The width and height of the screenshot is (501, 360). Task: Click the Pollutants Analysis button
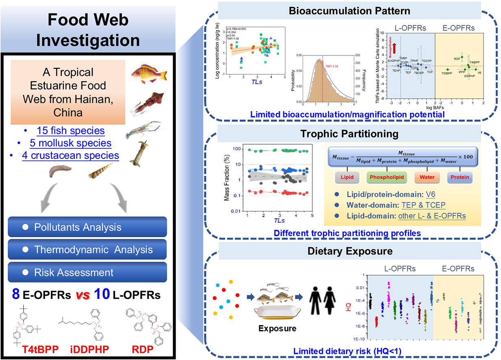(x=87, y=227)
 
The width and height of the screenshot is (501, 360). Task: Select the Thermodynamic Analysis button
(x=87, y=249)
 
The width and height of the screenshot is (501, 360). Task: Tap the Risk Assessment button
(x=87, y=272)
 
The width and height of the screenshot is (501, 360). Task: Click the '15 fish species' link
(x=70, y=131)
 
